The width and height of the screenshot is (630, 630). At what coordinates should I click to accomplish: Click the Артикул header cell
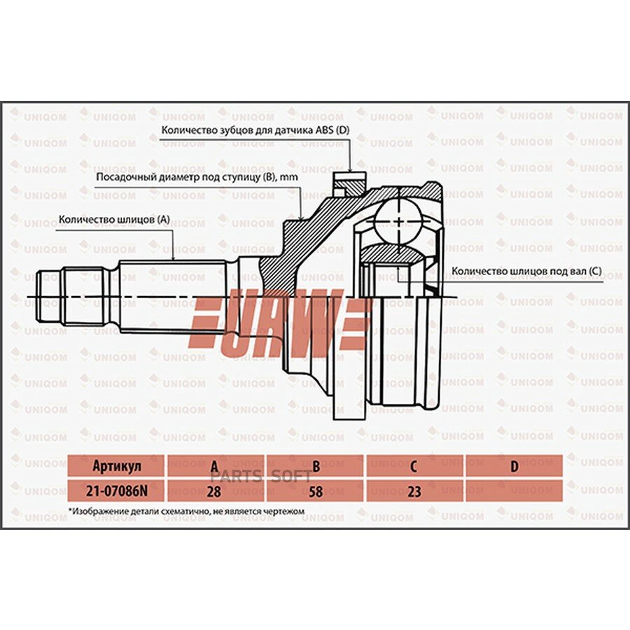[116, 466]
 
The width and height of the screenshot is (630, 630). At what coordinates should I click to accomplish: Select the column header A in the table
[215, 467]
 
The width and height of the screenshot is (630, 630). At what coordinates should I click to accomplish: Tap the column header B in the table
[316, 466]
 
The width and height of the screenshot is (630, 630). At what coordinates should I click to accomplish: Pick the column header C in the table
[414, 466]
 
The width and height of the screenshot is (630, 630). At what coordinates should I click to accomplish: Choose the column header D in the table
[514, 466]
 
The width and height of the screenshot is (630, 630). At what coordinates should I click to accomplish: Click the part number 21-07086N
[116, 491]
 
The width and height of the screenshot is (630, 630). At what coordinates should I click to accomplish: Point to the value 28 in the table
[214, 491]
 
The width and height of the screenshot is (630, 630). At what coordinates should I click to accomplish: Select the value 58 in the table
[316, 491]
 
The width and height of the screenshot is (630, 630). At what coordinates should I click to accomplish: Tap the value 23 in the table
[414, 491]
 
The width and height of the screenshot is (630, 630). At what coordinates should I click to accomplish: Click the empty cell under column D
[514, 491]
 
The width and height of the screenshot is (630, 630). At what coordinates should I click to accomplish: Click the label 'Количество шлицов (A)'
[114, 219]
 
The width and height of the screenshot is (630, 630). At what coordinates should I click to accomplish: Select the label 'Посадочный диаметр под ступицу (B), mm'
[197, 177]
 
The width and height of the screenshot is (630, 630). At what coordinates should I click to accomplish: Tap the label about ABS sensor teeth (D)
[255, 131]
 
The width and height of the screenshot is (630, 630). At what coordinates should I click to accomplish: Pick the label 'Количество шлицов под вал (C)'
[526, 271]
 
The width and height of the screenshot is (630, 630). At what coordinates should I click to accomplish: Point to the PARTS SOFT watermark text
[261, 477]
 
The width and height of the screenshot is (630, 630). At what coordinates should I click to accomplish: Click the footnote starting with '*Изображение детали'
[186, 512]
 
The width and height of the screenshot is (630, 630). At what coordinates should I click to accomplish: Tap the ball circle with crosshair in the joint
[398, 222]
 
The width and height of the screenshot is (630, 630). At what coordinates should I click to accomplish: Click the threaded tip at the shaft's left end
[50, 296]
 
